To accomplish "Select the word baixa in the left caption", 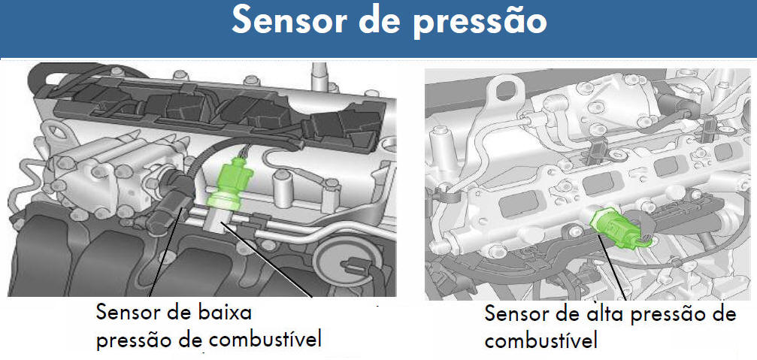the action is [226, 313].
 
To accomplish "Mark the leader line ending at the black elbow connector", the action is [166, 252].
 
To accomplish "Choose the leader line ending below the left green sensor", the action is [265, 259].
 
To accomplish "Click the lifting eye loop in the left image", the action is [56, 132].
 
